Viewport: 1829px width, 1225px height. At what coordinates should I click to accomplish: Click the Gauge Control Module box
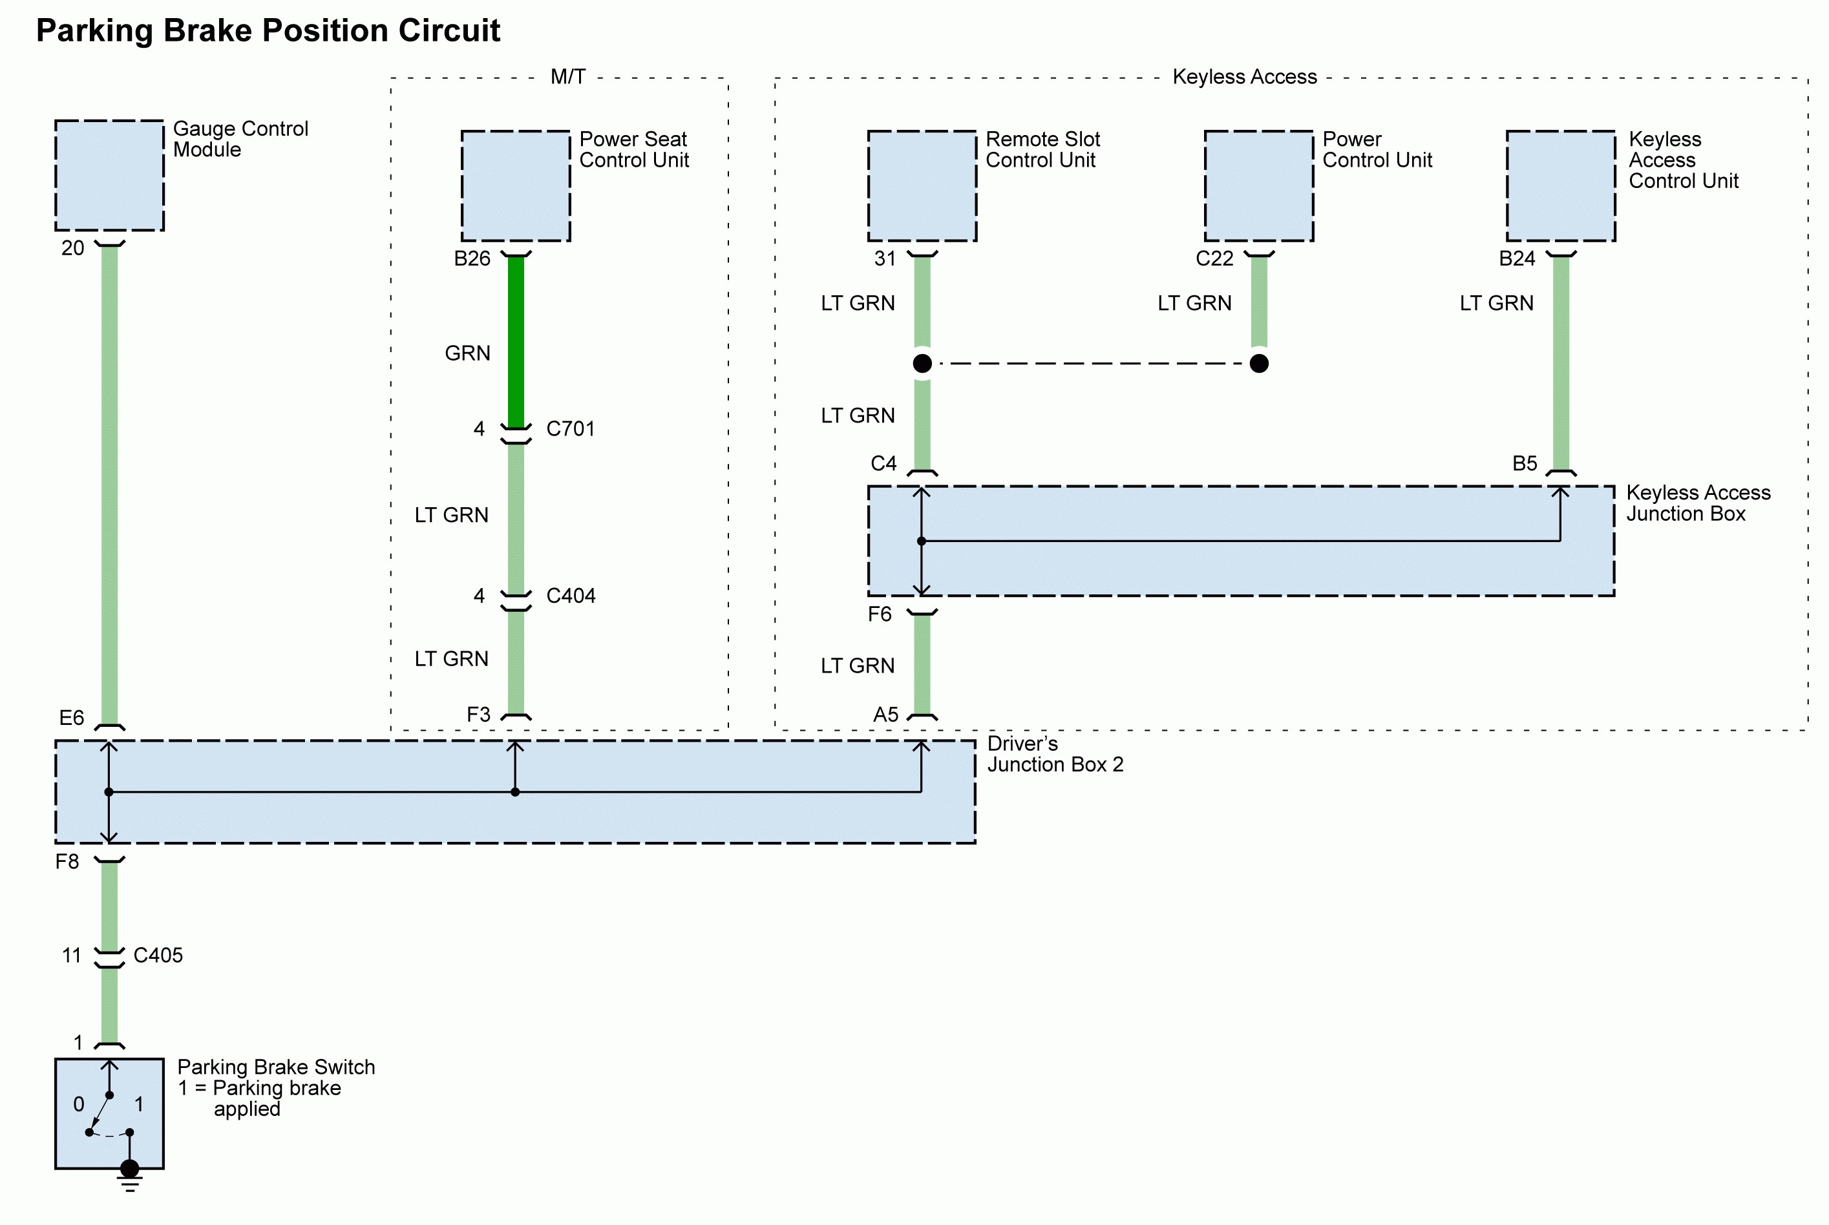[x=109, y=176]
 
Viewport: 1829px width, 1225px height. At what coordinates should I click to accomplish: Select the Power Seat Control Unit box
[x=516, y=186]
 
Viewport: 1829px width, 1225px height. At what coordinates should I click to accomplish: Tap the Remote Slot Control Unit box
[x=922, y=186]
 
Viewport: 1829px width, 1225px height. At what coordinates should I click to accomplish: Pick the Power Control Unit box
[x=1259, y=186]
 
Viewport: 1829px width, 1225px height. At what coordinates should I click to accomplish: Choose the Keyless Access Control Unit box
[x=1560, y=186]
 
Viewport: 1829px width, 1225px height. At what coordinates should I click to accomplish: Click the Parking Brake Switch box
[x=109, y=1113]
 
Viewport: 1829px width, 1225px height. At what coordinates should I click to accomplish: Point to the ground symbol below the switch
[x=130, y=1183]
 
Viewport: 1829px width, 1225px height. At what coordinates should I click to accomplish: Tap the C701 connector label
[x=570, y=429]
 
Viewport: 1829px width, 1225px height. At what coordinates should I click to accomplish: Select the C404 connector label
[x=570, y=596]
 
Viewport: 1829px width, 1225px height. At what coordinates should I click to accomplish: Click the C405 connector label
[x=158, y=956]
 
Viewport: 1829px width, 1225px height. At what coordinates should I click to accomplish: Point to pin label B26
[x=472, y=258]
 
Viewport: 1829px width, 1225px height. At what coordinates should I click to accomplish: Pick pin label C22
[x=1214, y=258]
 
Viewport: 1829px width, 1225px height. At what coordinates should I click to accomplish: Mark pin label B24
[x=1516, y=258]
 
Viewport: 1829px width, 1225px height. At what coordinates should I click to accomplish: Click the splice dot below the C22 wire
[x=1259, y=363]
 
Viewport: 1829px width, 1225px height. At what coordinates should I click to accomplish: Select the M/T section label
[x=568, y=76]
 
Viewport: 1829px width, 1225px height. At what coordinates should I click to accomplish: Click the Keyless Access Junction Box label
[x=1697, y=503]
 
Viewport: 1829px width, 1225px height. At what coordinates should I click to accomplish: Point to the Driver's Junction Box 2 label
[x=1055, y=754]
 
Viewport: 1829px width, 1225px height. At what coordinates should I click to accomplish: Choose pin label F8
[x=67, y=862]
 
